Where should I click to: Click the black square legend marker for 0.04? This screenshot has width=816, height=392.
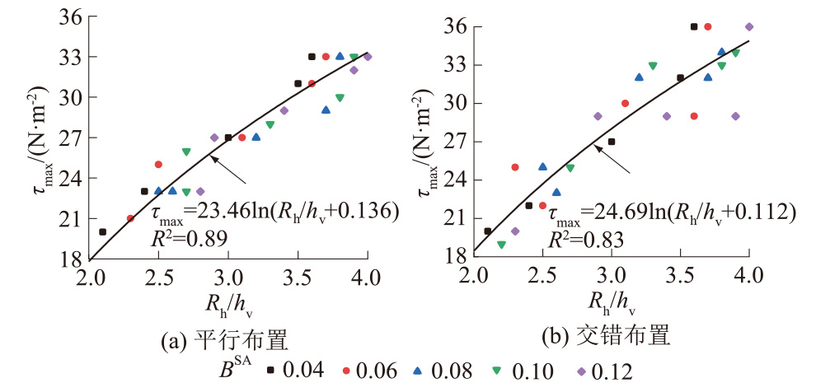click(270, 370)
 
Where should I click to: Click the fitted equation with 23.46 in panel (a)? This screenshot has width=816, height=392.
click(275, 213)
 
